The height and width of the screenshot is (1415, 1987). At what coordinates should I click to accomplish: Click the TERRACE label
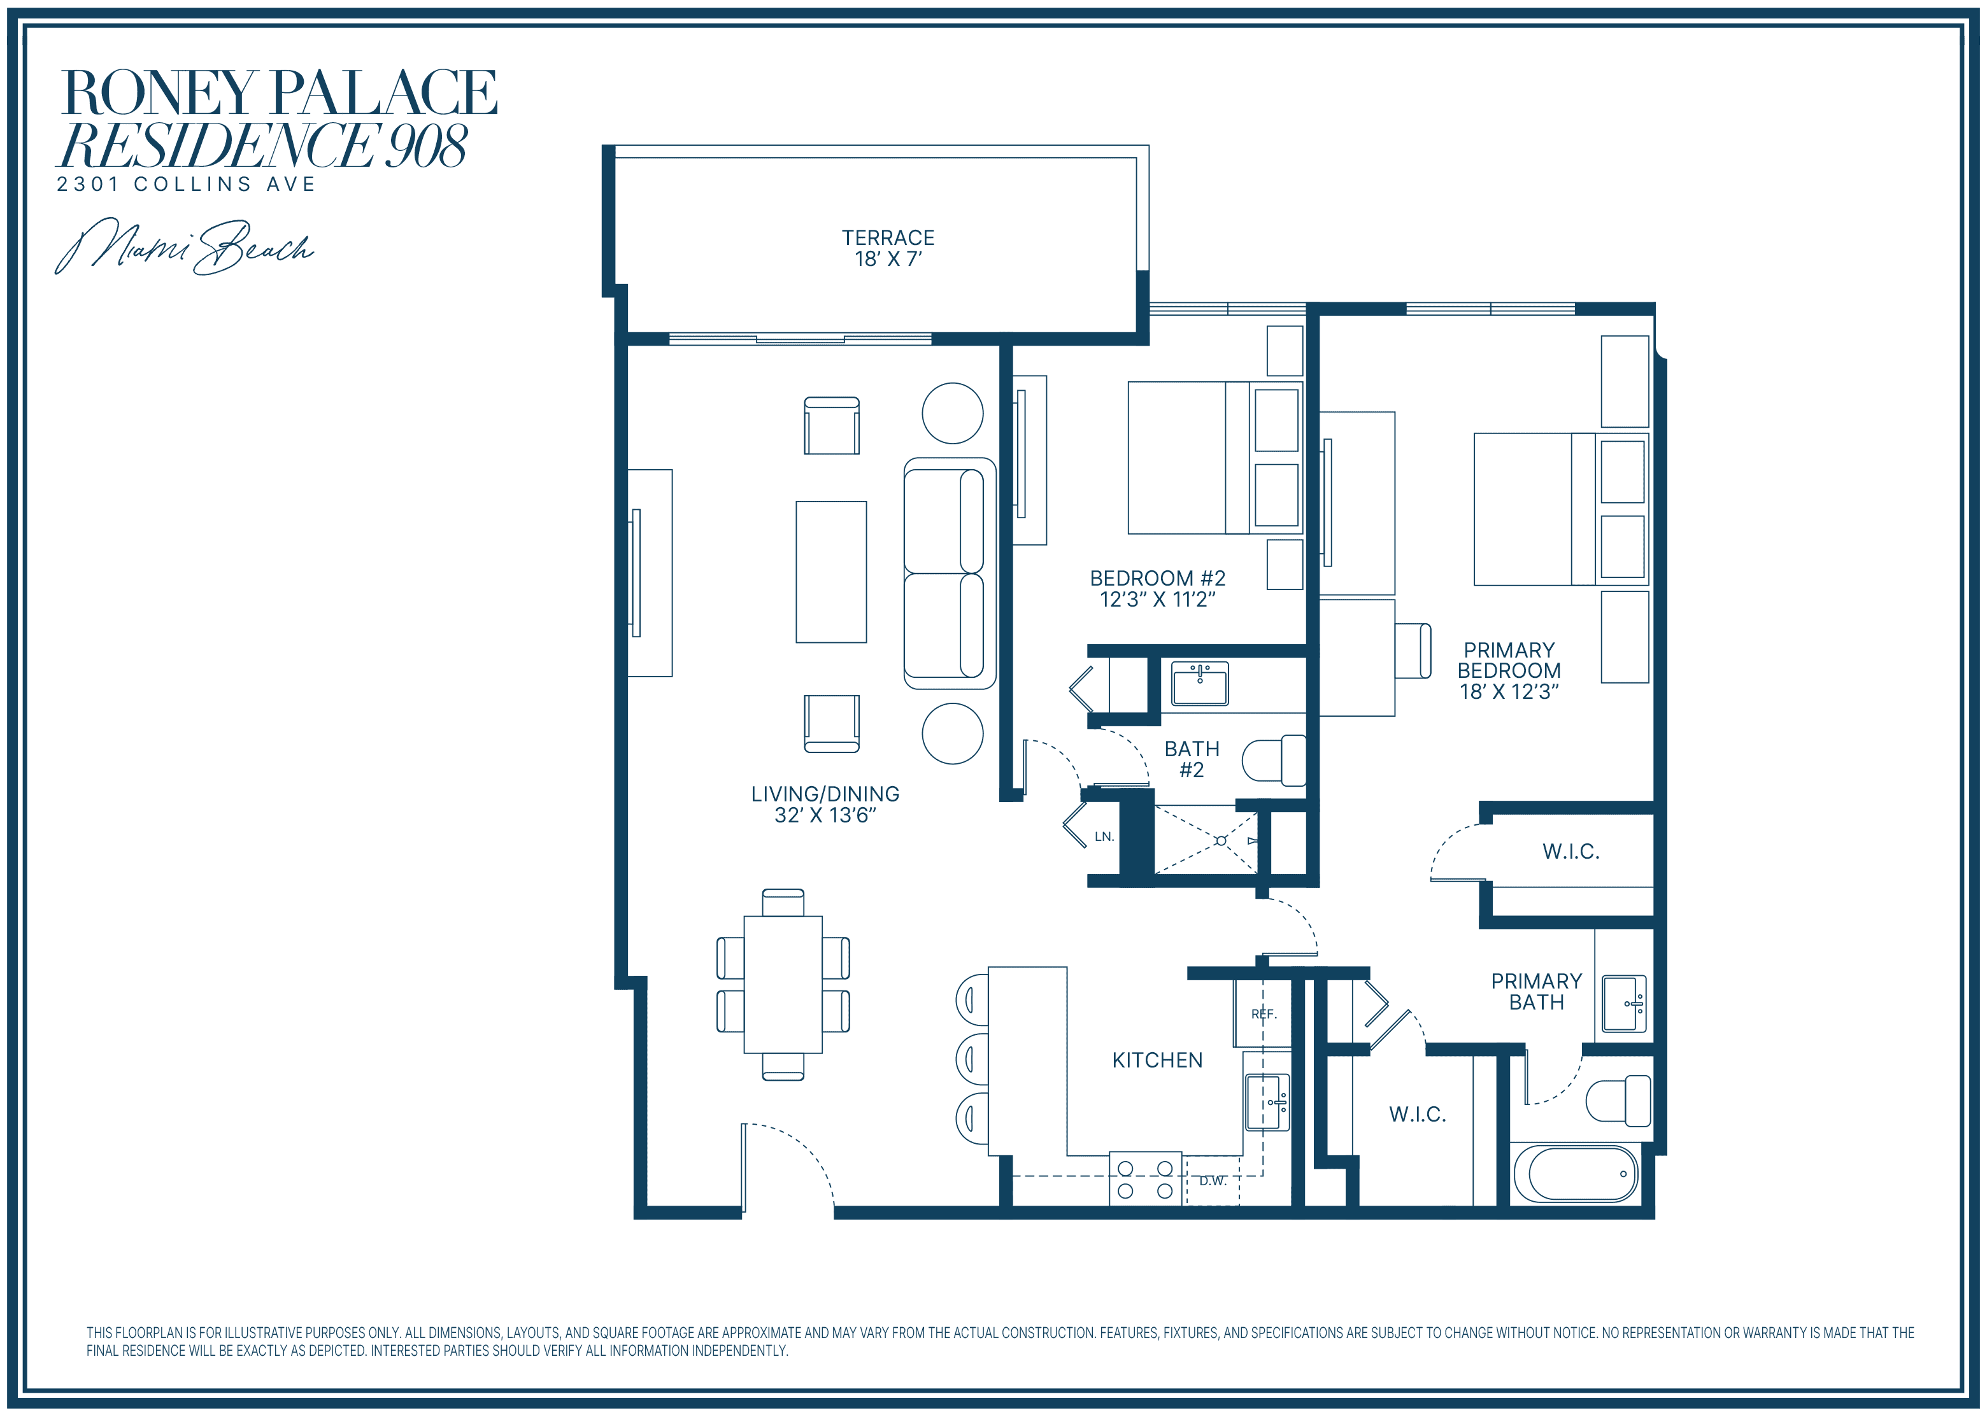887,238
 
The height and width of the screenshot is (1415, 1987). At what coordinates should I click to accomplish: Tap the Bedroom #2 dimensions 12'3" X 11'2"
1157,600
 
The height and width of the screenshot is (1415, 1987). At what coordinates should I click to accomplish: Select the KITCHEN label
1157,1060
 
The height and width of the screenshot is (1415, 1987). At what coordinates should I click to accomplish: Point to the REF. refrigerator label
1264,1014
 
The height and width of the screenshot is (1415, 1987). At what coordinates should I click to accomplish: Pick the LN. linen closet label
1104,836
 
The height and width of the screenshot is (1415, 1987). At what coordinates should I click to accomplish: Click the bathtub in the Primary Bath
1576,1174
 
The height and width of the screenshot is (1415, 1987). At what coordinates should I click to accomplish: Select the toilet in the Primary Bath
1618,1101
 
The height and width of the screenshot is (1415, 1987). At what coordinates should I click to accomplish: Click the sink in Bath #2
1200,683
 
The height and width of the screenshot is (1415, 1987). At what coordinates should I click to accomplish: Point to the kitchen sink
1268,1102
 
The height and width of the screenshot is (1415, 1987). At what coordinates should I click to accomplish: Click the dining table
783,985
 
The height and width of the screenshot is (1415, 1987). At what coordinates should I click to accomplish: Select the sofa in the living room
950,574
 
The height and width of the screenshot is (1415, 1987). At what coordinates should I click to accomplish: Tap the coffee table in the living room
831,572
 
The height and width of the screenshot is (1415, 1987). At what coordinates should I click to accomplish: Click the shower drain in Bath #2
1221,841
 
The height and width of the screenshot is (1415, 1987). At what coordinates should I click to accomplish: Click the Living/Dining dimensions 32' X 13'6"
825,815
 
